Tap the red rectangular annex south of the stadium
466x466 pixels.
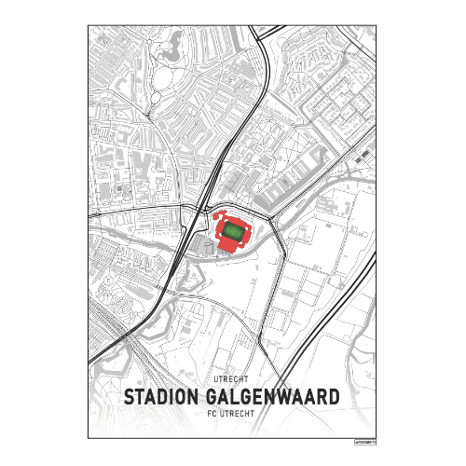[228, 244]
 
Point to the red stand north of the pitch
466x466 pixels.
[233, 218]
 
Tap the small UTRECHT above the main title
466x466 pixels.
[232, 380]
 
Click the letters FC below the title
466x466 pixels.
[209, 412]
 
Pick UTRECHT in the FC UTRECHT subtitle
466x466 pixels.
[238, 412]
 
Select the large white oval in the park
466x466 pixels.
[166, 75]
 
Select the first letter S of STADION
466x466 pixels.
[130, 396]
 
